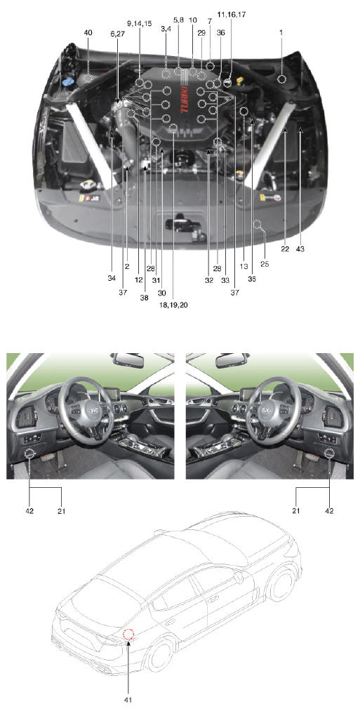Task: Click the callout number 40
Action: [x=88, y=32]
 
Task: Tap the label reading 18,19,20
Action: [x=172, y=305]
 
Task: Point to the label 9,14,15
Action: [x=139, y=23]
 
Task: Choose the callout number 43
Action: [x=300, y=248]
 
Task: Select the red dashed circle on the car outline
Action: [x=128, y=635]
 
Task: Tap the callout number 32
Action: [x=209, y=279]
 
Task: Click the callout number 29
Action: [x=201, y=33]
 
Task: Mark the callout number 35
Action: [x=251, y=278]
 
